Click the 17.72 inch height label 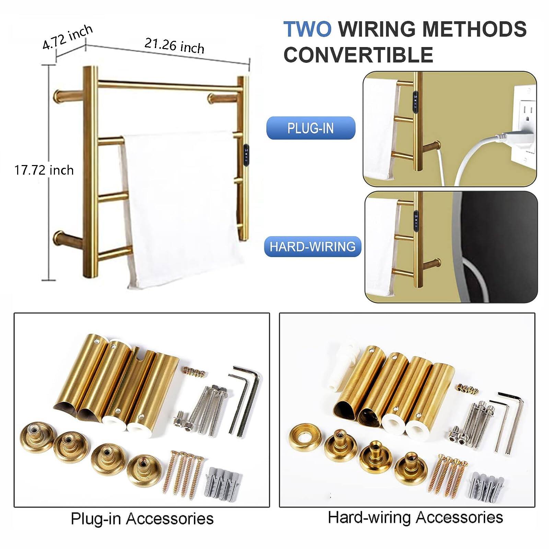tap(44, 170)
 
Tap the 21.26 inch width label tap(174, 46)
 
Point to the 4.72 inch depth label tap(67, 37)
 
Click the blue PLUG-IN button tap(311, 128)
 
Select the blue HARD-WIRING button tap(313, 246)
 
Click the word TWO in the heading tap(307, 29)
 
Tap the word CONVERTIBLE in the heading tap(358, 55)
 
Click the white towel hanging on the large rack tap(178, 206)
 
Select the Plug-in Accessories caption tap(142, 518)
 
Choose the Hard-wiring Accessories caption tap(415, 517)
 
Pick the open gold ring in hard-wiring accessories tap(305, 437)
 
